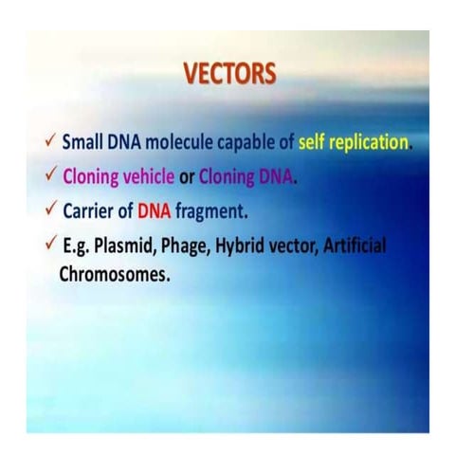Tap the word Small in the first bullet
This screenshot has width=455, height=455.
tap(83, 143)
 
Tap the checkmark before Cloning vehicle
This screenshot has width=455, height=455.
tap(49, 175)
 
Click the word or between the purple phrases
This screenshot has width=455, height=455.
tap(187, 176)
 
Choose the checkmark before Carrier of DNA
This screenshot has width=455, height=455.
tap(49, 210)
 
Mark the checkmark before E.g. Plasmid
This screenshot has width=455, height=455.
tap(49, 245)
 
